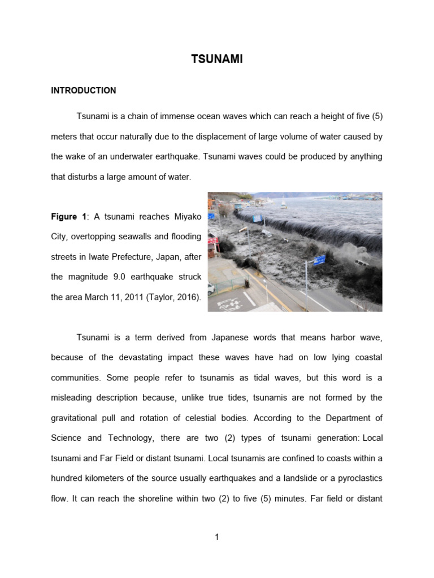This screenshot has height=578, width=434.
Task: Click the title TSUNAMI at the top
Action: [x=216, y=59]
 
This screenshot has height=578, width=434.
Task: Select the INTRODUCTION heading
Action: [x=83, y=90]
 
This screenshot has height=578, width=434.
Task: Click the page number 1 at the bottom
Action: [x=216, y=537]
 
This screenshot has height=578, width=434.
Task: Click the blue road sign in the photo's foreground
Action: [x=319, y=260]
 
